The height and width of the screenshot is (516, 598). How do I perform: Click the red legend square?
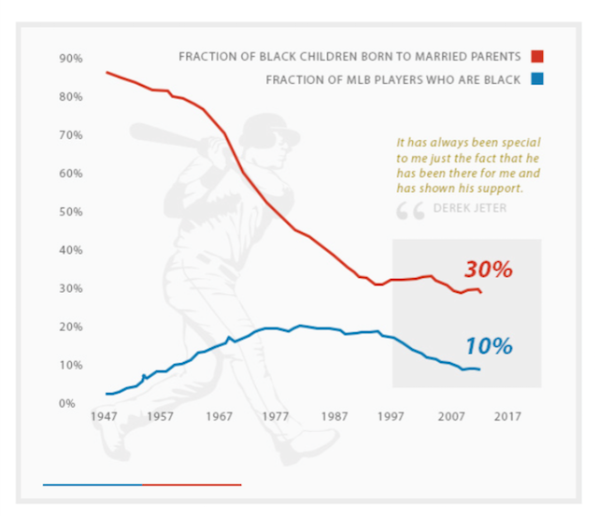(539, 58)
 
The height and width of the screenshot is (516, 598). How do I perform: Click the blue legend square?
(539, 80)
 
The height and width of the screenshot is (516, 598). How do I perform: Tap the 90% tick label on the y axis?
(71, 58)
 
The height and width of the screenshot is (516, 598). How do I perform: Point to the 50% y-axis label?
(71, 212)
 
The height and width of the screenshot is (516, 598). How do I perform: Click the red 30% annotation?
(489, 270)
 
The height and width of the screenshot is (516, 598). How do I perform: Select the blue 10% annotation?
(489, 345)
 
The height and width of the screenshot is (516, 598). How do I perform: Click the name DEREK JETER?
(470, 208)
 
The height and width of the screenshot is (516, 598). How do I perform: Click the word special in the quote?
(522, 144)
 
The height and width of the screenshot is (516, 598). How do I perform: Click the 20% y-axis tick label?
(71, 328)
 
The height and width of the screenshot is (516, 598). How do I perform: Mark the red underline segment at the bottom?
(191, 484)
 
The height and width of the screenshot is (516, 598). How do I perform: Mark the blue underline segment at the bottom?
(92, 484)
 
